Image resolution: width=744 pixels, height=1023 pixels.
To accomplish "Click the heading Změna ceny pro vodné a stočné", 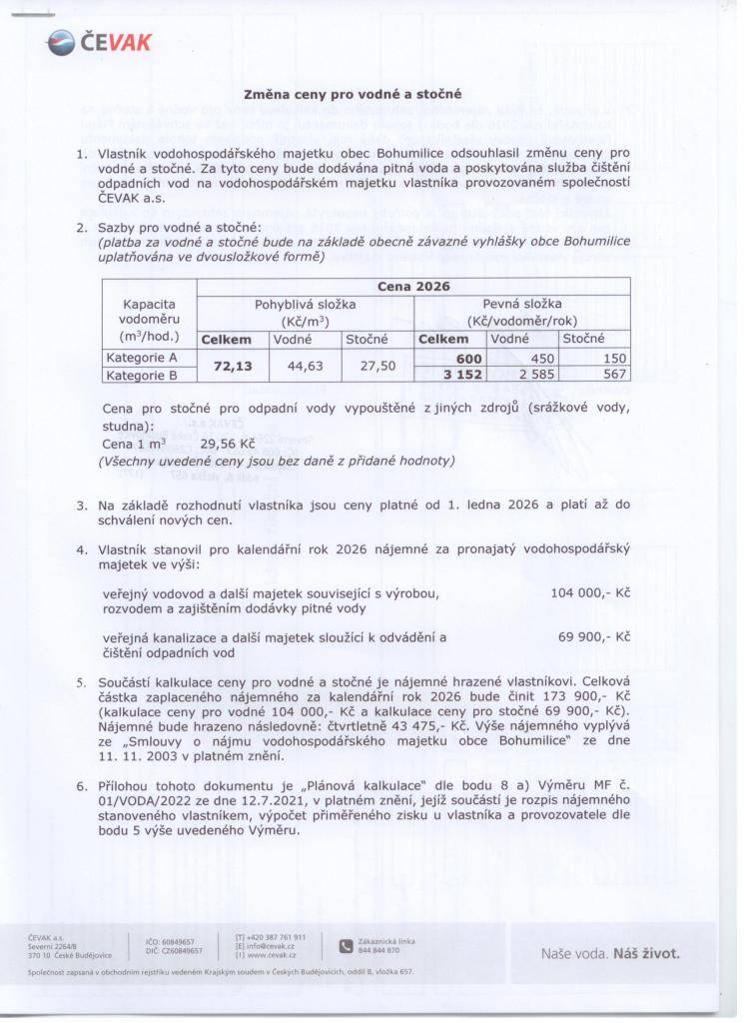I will [x=353, y=95].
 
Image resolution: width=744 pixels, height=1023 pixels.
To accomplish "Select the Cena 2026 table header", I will [x=413, y=286].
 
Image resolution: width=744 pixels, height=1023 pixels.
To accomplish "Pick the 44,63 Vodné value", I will [x=306, y=367].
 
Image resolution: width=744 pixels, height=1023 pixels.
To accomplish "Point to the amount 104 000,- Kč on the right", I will [x=589, y=592].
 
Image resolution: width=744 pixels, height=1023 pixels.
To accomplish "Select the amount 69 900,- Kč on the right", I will [x=593, y=635].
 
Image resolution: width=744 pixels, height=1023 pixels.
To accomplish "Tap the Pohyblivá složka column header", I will [x=305, y=311].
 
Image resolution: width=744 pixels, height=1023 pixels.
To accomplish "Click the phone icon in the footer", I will [x=346, y=945].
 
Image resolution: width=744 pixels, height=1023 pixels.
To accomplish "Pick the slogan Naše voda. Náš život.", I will [x=609, y=953].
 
